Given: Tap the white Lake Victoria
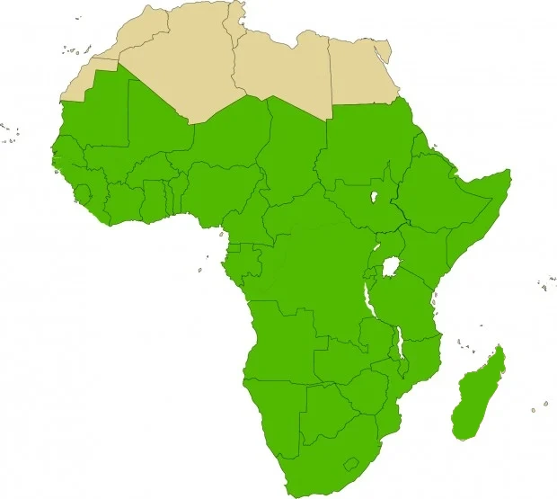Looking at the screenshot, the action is (x=390, y=268).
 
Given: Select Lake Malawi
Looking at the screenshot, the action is (x=399, y=346).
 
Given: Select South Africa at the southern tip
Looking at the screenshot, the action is (x=314, y=459).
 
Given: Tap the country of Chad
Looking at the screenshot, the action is (x=292, y=153).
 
